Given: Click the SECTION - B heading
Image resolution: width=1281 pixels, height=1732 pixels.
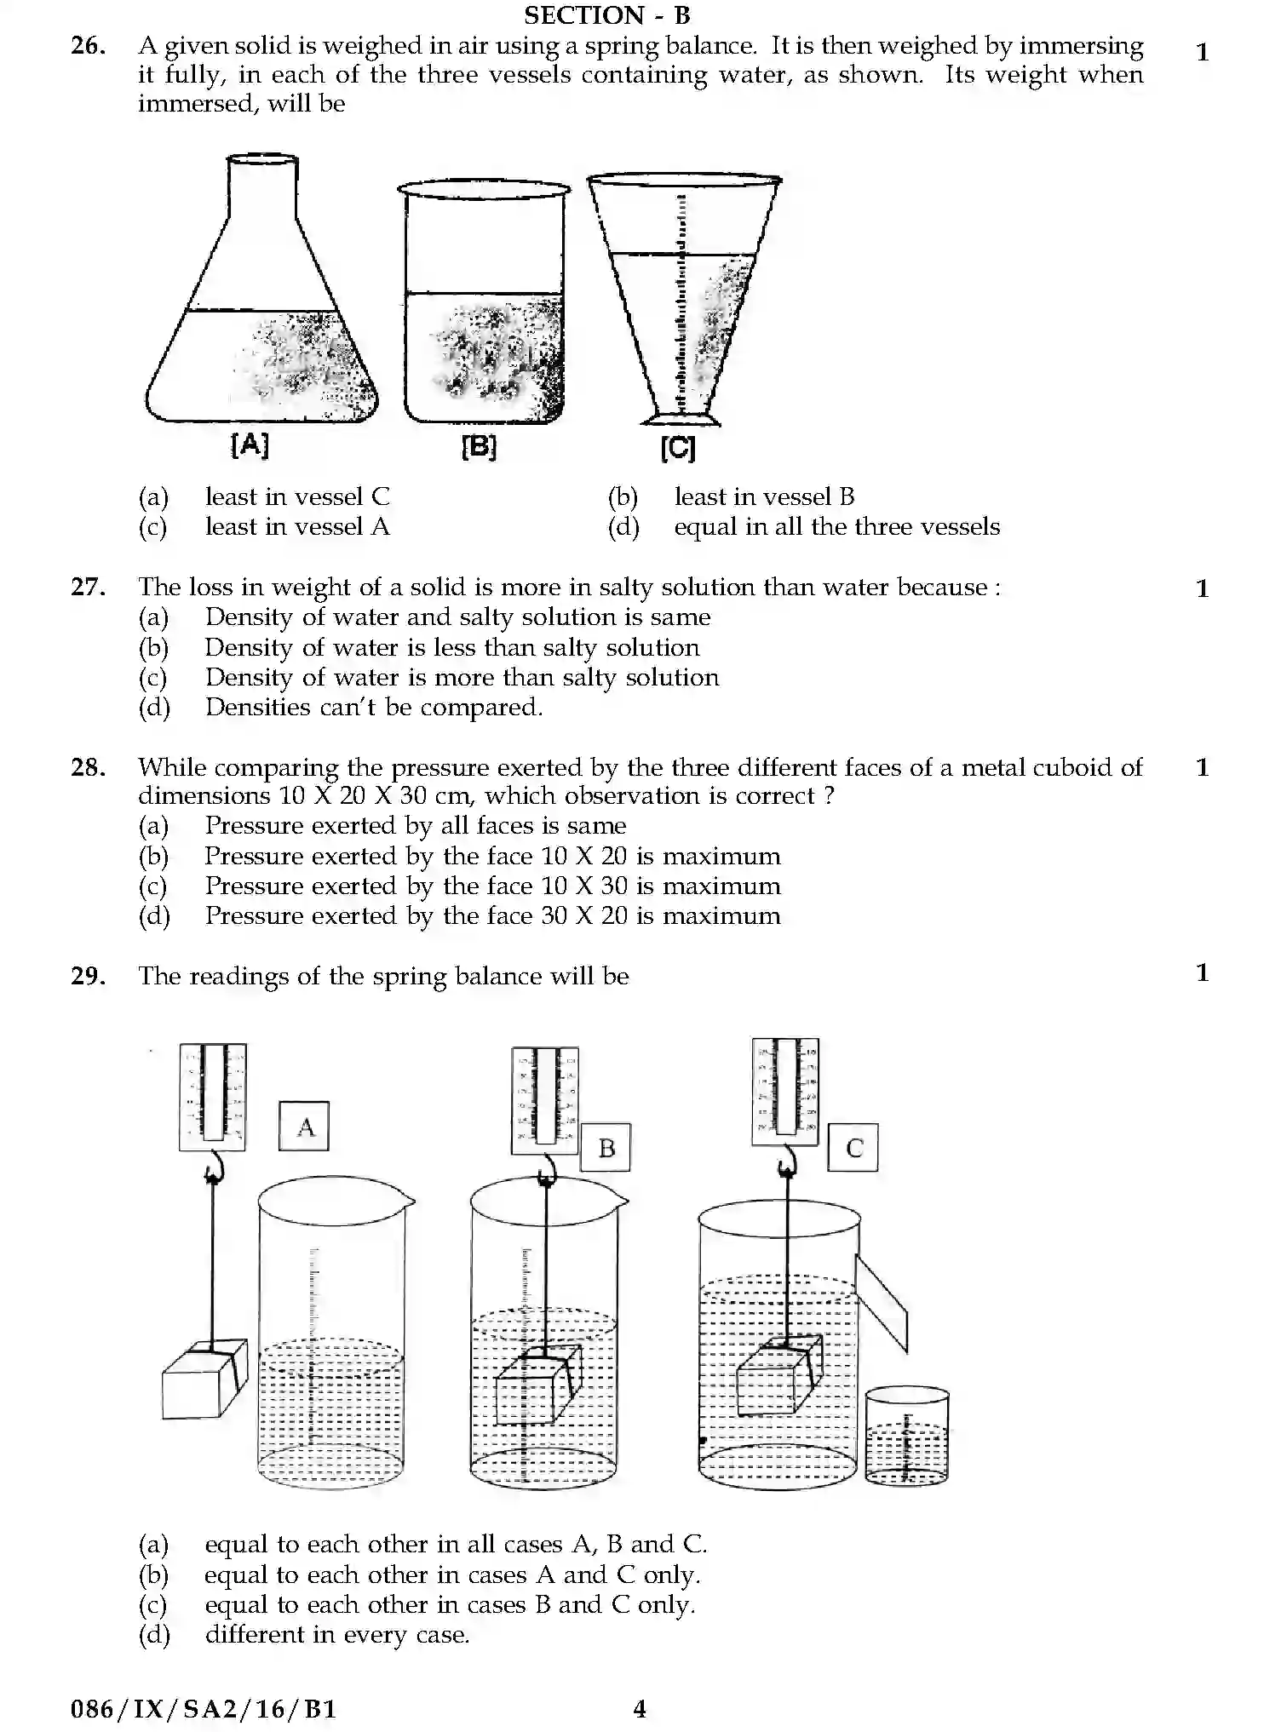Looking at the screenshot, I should (606, 15).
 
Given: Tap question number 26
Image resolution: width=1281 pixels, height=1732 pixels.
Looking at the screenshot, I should (88, 46).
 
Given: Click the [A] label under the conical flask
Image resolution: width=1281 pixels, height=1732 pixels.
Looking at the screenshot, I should (250, 444).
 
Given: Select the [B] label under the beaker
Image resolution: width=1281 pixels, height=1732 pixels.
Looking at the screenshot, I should (478, 446).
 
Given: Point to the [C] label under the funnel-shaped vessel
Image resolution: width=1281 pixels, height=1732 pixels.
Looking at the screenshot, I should (678, 448).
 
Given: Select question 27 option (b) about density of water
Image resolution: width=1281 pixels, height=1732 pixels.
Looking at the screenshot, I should (451, 648).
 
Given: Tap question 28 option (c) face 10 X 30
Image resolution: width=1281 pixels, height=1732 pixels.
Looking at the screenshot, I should (491, 886).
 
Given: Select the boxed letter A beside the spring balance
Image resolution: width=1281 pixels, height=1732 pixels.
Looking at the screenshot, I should (304, 1127).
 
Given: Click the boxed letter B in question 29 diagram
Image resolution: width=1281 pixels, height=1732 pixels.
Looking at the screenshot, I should (606, 1148).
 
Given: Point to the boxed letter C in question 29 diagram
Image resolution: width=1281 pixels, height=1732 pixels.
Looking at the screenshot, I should (853, 1148).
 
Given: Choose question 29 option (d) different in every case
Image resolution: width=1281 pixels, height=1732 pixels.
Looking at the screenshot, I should (336, 1635).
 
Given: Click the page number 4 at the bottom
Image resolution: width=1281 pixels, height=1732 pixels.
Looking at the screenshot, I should (640, 1709).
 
